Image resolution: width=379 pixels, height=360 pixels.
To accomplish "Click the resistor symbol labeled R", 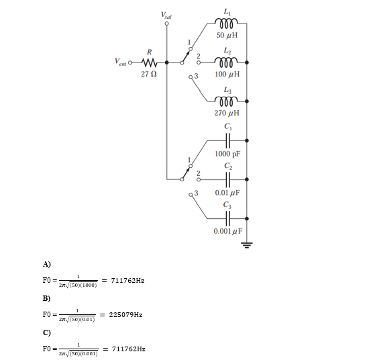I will pyautogui.click(x=149, y=63).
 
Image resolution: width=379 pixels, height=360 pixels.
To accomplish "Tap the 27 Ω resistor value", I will pyautogui.click(x=149, y=73).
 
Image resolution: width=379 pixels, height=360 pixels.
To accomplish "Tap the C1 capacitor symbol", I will pyautogui.click(x=229, y=140).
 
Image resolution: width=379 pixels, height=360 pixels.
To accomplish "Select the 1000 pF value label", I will pyautogui.click(x=228, y=154).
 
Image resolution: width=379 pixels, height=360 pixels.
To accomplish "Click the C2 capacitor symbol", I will pyautogui.click(x=229, y=179).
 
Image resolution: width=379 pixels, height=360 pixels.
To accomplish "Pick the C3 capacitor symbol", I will pyautogui.click(x=229, y=218).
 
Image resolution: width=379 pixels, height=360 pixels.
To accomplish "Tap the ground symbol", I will pyautogui.click(x=248, y=244).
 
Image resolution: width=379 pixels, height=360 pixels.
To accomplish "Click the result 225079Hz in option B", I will pyautogui.click(x=125, y=314).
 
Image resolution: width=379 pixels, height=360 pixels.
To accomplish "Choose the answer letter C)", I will pyautogui.click(x=46, y=332).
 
